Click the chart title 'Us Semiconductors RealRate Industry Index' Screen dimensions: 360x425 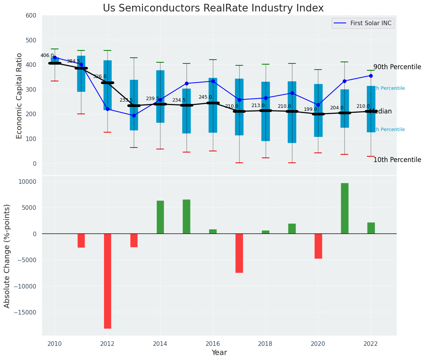213,8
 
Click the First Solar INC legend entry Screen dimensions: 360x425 363,23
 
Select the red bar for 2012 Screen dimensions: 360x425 107,281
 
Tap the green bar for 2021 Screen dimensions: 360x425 344,208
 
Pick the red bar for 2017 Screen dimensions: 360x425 239,253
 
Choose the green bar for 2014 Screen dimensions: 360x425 160,217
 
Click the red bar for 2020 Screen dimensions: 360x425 318,246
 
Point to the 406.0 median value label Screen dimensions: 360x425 47,55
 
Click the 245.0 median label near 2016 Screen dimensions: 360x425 205,97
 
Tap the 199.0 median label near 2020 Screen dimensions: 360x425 310,109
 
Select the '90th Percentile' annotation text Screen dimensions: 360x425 397,67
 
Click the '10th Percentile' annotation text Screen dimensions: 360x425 397,160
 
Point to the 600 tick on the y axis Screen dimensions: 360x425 31,16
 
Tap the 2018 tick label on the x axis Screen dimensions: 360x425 265,344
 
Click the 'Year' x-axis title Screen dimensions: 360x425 219,353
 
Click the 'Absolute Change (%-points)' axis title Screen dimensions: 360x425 7,256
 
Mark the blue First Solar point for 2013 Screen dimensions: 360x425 134,115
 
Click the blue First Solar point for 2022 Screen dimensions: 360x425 371,76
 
